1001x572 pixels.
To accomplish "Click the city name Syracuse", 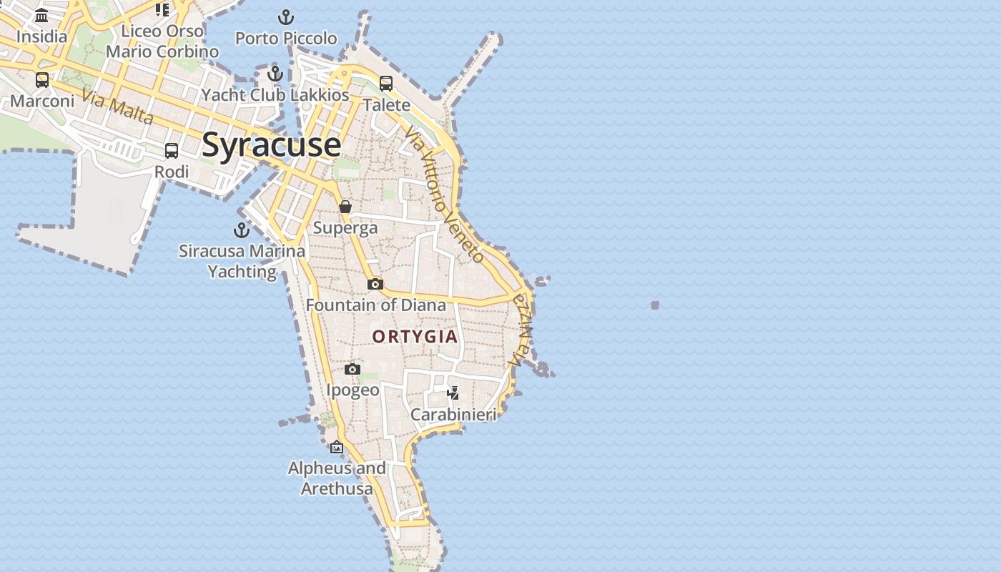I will tap(271, 144).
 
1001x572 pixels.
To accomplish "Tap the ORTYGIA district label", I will tap(415, 336).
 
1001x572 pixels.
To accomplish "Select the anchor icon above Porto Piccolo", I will tap(286, 17).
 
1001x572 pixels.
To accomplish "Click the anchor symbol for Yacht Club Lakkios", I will tap(275, 74).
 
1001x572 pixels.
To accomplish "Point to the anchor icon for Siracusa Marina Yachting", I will tap(242, 230).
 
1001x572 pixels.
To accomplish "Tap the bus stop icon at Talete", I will tap(386, 84).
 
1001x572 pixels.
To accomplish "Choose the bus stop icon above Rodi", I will tap(172, 151).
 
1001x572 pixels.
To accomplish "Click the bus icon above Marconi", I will tap(42, 79).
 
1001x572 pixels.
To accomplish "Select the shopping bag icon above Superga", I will tap(345, 207).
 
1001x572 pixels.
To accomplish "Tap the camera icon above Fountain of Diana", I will tap(375, 285).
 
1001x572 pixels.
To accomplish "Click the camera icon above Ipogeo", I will tap(352, 370).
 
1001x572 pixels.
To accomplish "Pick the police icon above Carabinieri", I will tap(453, 393).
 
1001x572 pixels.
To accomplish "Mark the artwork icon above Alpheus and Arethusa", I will tap(337, 448).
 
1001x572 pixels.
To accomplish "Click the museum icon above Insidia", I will tap(41, 16).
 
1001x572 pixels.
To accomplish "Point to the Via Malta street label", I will tap(117, 107).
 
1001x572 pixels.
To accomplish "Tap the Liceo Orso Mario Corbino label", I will tap(162, 41).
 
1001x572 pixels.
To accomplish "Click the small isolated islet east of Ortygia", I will tap(655, 305).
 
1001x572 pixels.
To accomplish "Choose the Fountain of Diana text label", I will tap(375, 305).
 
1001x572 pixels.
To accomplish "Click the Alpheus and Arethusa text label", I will tap(337, 478).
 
